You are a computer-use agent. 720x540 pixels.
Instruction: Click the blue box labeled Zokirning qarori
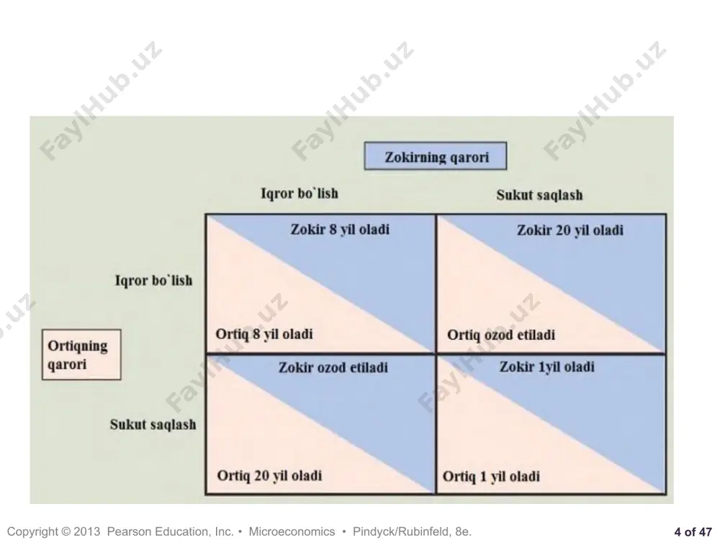[x=436, y=156]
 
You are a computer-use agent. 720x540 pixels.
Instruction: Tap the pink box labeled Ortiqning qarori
[x=81, y=354]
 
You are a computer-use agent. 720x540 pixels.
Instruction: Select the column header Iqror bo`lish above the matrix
[x=300, y=193]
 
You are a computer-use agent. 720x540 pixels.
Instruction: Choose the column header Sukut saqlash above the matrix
[x=539, y=194]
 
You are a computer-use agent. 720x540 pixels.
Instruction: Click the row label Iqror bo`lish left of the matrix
[x=153, y=280]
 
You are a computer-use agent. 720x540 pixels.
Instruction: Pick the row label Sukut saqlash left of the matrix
[x=153, y=424]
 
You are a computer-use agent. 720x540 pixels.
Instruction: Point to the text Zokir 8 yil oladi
[x=340, y=229]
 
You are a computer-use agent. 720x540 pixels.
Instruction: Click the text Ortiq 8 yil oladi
[x=264, y=334]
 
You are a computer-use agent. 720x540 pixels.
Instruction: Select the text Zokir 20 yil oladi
[x=570, y=230]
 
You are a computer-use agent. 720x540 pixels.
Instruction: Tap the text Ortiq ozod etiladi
[x=501, y=335]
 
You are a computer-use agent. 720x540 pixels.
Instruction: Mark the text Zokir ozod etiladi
[x=333, y=367]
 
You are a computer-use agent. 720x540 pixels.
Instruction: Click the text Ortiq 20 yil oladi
[x=269, y=475]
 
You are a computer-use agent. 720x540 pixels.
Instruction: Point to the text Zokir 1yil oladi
[x=547, y=366]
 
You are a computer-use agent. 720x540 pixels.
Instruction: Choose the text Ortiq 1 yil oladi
[x=491, y=476]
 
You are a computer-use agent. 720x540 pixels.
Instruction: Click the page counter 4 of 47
[x=693, y=531]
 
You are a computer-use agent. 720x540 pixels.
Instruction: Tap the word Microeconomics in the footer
[x=292, y=531]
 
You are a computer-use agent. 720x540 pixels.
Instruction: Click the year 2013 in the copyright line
[x=87, y=531]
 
